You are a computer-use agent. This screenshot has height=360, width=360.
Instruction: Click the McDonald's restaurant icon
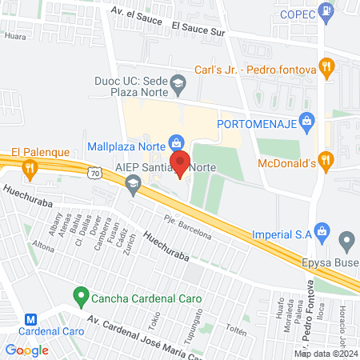325,162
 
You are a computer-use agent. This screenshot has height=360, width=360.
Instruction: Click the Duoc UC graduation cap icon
178,81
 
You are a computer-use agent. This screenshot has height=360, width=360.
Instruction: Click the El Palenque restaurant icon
30,167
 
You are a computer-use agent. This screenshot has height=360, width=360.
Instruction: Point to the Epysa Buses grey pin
346,239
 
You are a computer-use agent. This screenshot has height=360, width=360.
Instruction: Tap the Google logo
26,350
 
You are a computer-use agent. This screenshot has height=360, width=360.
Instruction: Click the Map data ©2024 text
326,353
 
